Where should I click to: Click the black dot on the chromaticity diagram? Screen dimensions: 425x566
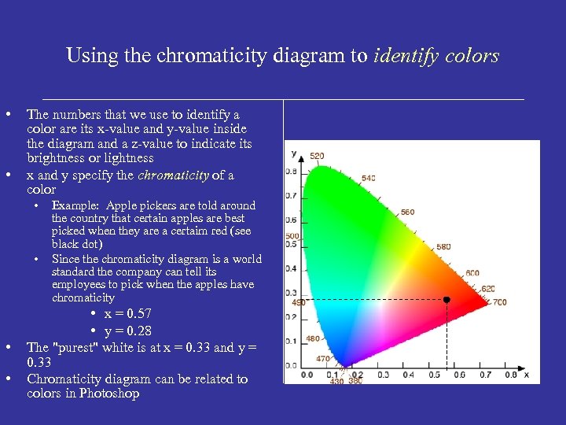pyautogui.click(x=447, y=300)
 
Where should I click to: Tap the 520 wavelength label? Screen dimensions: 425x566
pyautogui.click(x=316, y=156)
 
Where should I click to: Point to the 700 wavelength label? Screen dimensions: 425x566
pyautogui.click(x=500, y=302)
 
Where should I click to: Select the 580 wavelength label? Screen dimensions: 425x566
pyautogui.click(x=444, y=247)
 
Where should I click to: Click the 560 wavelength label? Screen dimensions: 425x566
pyautogui.click(x=407, y=212)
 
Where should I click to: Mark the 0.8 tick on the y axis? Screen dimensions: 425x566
pyautogui.click(x=291, y=171)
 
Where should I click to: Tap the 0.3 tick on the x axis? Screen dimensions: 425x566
pyautogui.click(x=383, y=375)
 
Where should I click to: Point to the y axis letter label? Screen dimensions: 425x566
pyautogui.click(x=293, y=153)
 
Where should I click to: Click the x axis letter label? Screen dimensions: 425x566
pyautogui.click(x=526, y=374)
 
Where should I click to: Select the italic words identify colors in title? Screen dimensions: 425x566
pyautogui.click(x=437, y=56)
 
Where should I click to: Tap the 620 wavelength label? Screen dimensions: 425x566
pyautogui.click(x=488, y=289)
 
